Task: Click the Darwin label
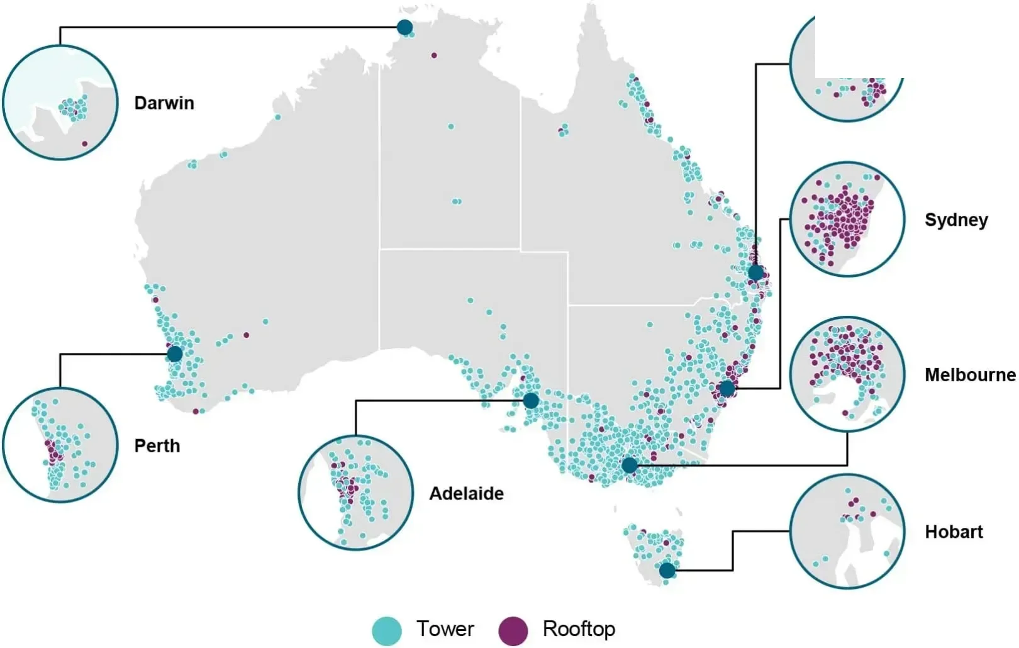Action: coord(164,103)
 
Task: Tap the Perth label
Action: coord(157,446)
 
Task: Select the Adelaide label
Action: coord(466,493)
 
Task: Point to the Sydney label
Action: coord(956,220)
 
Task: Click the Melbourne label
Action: coord(970,375)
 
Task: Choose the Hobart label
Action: coord(954,532)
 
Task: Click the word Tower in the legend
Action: coord(445,628)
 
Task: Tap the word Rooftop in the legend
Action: coord(579,628)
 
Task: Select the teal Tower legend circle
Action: coord(387,631)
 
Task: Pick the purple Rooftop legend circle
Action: coord(513,631)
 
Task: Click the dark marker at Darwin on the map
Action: coord(404,27)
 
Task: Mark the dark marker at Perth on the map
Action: coord(175,354)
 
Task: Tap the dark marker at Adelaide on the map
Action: coord(531,401)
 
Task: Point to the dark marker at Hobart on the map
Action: coord(667,571)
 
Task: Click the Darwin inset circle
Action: coord(60,102)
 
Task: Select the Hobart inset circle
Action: coord(847,532)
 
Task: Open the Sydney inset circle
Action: coord(847,219)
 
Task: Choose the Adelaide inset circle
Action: coord(355,493)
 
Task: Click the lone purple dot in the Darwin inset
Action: coord(85,144)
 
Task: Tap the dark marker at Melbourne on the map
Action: coord(629,466)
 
